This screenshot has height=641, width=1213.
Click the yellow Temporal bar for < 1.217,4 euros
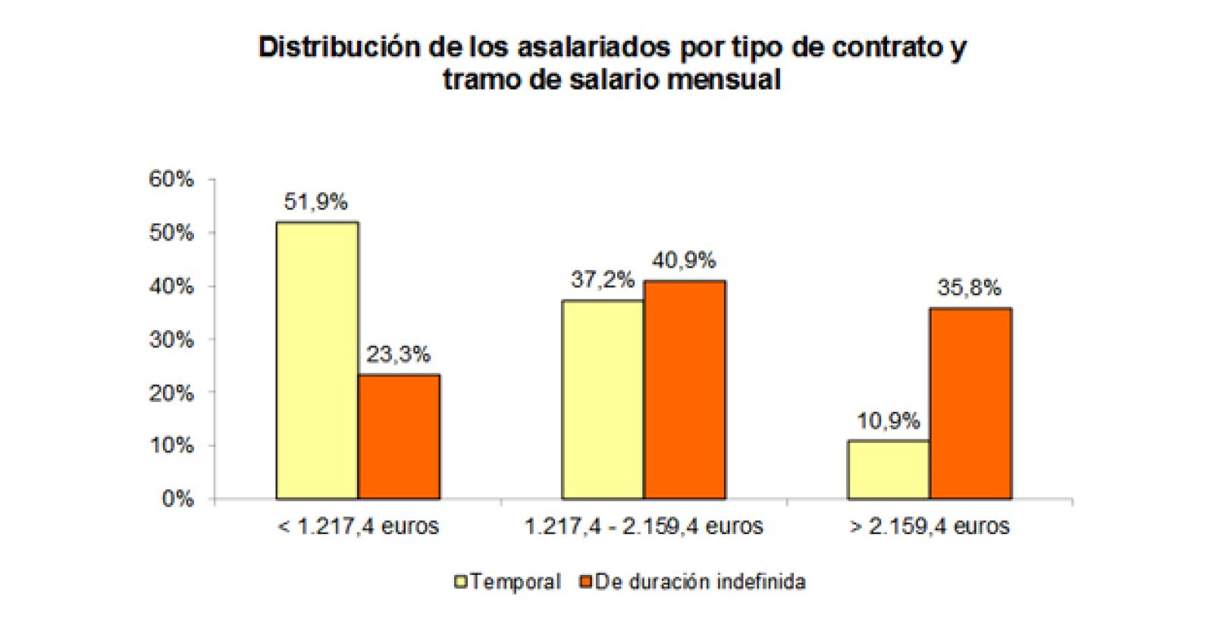[x=317, y=360]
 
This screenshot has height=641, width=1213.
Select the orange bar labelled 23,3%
[x=399, y=437]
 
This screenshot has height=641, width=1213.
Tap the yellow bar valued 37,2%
[x=603, y=400]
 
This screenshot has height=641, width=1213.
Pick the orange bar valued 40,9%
[x=685, y=390]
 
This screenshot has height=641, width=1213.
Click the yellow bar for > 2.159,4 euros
[x=889, y=470]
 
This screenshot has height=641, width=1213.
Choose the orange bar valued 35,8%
[x=970, y=404]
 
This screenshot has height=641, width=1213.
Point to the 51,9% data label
[x=315, y=202]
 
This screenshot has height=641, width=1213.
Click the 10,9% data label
[x=889, y=420]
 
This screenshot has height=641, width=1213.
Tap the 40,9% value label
[x=684, y=260]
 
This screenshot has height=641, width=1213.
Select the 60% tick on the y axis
[x=171, y=180]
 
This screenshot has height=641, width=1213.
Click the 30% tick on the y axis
[x=171, y=340]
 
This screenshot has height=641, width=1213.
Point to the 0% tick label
[x=177, y=499]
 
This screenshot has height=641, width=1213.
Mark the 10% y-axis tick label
[x=171, y=446]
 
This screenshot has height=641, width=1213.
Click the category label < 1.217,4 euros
[x=358, y=526]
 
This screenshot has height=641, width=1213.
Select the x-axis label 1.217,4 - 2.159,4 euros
[x=644, y=526]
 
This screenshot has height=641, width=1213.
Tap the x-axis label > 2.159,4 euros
[x=929, y=526]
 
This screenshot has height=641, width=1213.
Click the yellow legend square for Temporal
[x=460, y=582]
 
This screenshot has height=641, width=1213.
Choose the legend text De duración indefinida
[x=700, y=582]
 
